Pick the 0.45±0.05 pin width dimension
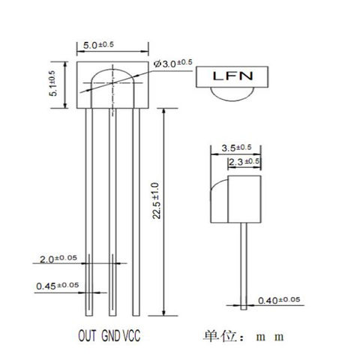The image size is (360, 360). [x=57, y=285]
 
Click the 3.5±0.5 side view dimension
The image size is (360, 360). [x=236, y=148]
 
